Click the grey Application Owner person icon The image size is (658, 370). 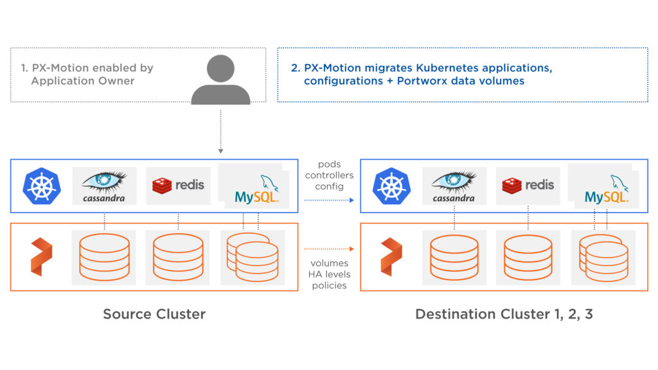coord(220,80)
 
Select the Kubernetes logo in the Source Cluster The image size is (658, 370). coord(42,185)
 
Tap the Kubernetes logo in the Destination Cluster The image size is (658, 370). coord(391,185)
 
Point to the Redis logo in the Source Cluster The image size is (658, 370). coord(178,185)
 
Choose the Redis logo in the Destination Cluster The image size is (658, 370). coord(528,185)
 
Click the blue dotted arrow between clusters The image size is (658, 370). coord(328,200)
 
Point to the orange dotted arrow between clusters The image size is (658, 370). coord(328,248)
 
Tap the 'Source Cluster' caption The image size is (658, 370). coord(154,314)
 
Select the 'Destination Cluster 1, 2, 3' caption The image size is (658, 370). coord(504,314)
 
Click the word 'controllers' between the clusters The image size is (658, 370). coord(329,175)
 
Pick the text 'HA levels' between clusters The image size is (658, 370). coord(329,274)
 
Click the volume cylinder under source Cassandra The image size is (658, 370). coord(104,256)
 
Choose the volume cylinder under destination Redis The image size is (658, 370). coord(528,256)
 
